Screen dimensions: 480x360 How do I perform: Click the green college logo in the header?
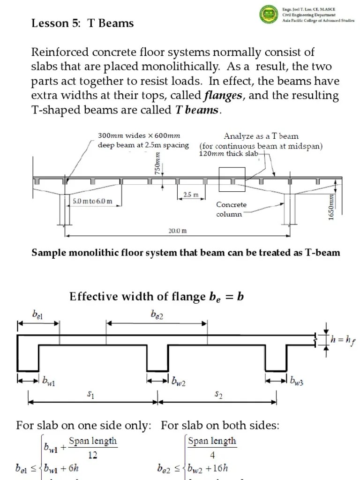(269, 14)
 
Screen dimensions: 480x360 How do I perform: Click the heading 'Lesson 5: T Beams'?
(82, 23)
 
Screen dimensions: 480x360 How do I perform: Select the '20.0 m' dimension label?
(178, 231)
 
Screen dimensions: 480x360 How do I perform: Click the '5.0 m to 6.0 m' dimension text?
(92, 201)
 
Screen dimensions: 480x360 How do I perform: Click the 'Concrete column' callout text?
(231, 210)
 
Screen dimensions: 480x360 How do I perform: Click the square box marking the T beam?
(232, 179)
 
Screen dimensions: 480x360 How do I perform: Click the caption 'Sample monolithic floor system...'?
(186, 253)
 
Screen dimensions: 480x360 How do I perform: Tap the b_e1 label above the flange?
(38, 315)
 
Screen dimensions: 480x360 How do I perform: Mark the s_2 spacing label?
(218, 395)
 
